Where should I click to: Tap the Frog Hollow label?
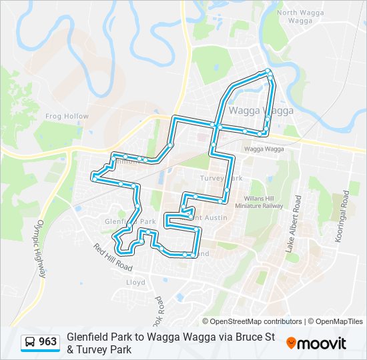[67, 116]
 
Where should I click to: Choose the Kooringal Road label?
[345, 216]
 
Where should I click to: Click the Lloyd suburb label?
[135, 282]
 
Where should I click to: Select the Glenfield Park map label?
[130, 221]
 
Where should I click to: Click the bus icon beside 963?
[31, 342]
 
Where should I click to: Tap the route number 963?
[47, 342]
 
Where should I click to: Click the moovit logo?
[316, 343]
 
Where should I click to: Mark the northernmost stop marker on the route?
[268, 71]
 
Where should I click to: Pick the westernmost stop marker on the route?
[95, 179]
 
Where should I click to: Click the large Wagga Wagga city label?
[260, 111]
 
